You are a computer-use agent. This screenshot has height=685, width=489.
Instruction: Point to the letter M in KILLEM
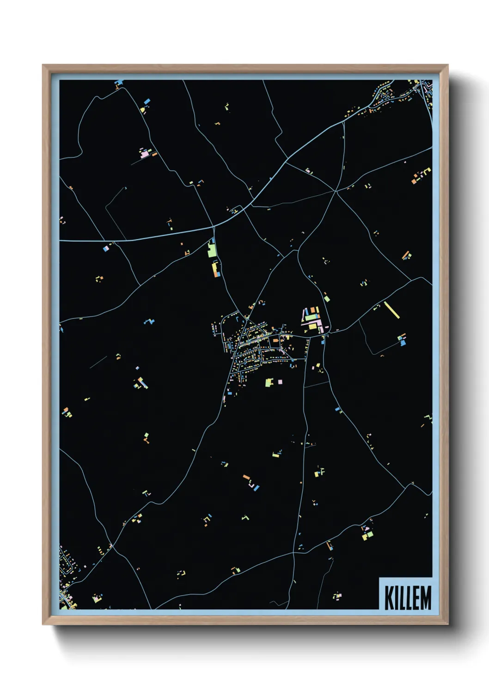coord(426,598)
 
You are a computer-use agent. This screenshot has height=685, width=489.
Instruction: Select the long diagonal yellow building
coord(391,310)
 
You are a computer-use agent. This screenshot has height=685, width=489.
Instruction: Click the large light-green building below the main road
coord(212,250)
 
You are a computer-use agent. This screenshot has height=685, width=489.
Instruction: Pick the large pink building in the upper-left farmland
coord(146,153)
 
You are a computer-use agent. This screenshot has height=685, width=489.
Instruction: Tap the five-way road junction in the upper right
coord(335,190)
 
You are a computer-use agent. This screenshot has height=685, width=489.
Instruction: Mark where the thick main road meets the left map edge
coord(61,241)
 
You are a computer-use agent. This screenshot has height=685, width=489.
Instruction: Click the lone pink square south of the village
coord(280,382)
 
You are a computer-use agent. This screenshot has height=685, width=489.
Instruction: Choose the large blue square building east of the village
coord(403,343)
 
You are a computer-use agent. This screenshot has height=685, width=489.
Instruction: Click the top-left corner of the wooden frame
coord(43,65)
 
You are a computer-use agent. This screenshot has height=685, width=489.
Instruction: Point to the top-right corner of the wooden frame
coord(448,65)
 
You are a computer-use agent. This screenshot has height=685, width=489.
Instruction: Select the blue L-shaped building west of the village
coord(149,321)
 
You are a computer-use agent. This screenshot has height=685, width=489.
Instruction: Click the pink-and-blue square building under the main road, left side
coord(106,249)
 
